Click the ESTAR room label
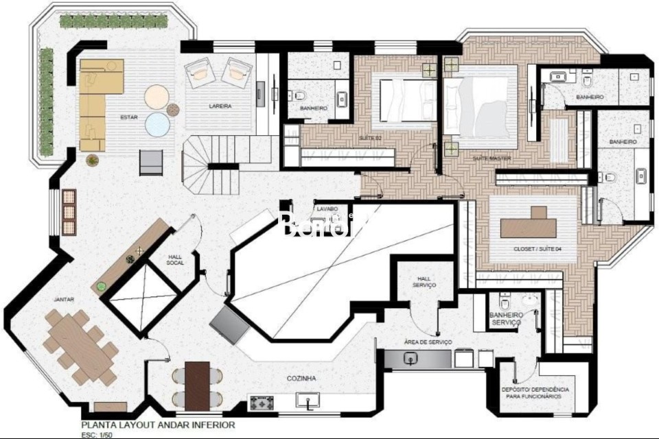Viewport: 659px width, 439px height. click(x=129, y=117)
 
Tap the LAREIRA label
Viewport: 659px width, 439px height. click(x=220, y=106)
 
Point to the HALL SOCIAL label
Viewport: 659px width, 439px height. click(x=175, y=260)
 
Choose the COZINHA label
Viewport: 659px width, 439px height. click(x=302, y=378)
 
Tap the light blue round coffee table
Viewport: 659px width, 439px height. click(x=157, y=125)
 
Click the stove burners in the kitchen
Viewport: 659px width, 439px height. click(x=262, y=403)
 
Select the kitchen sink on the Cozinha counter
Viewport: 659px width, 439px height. click(x=307, y=400)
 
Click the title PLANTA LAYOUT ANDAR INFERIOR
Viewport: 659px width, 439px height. click(x=158, y=425)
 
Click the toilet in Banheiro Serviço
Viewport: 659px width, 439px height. click(x=505, y=302)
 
